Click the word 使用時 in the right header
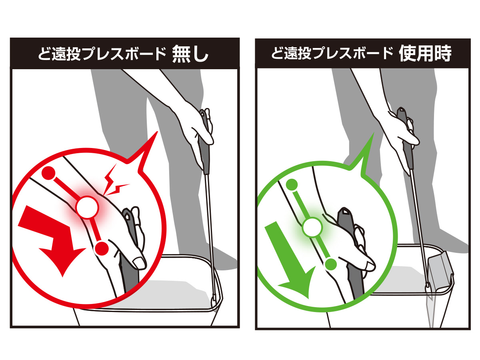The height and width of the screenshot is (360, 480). pyautogui.click(x=425, y=54)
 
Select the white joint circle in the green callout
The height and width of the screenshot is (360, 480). pyautogui.click(x=312, y=228)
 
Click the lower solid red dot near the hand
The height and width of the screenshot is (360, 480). pyautogui.click(x=102, y=248)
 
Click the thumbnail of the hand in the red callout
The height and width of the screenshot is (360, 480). pyautogui.click(x=139, y=263)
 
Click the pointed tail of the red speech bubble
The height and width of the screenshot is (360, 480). pyautogui.click(x=158, y=132)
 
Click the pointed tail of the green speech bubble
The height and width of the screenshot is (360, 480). pyautogui.click(x=374, y=132)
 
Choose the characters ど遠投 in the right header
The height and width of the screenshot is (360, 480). pyautogui.click(x=291, y=54)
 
